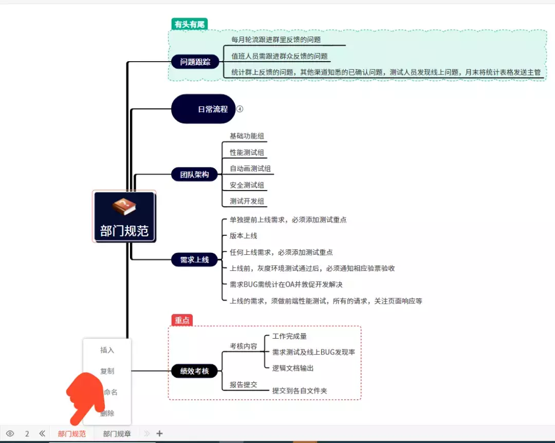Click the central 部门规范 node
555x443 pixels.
click(124, 230)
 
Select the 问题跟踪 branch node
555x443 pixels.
click(195, 62)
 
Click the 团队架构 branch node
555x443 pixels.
click(195, 174)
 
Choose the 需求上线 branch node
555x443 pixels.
click(195, 260)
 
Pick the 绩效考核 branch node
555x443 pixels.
click(195, 371)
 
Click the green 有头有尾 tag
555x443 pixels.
click(189, 24)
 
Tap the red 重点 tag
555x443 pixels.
click(182, 320)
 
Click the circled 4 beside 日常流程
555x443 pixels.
click(239, 109)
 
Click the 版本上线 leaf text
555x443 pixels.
click(244, 236)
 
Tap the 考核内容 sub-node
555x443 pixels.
click(244, 346)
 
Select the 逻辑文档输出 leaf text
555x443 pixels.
click(293, 368)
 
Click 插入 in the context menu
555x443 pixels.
click(107, 350)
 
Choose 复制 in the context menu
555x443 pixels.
click(107, 371)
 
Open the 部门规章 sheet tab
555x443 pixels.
click(117, 434)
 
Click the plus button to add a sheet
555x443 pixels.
click(159, 433)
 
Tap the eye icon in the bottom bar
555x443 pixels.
click(10, 433)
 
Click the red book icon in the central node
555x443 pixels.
click(124, 207)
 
